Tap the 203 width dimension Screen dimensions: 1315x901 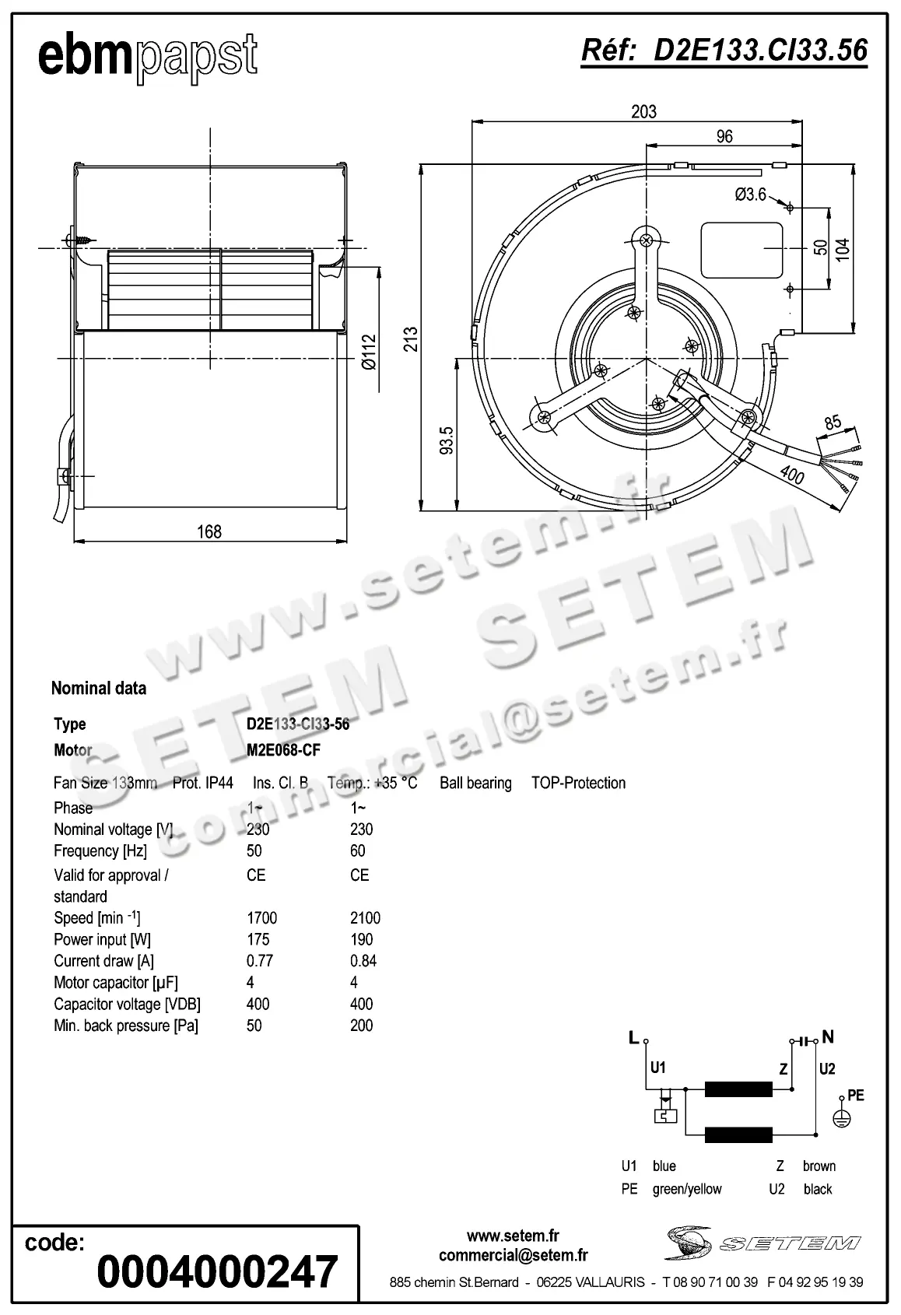pos(643,111)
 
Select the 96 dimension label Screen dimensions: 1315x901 pos(724,136)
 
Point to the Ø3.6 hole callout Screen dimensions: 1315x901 pos(750,195)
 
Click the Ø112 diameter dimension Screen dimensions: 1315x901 pos(368,352)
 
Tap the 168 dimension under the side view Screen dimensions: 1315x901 pos(209,531)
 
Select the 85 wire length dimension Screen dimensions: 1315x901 pos(833,423)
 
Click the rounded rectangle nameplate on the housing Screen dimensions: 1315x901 pos(741,250)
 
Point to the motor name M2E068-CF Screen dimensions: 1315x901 pos(283,750)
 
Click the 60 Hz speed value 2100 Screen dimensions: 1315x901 pos(365,918)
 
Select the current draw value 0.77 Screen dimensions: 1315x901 pos(260,961)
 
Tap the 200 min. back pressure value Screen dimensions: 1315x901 pos(361,1026)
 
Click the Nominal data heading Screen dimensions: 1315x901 pos(99,688)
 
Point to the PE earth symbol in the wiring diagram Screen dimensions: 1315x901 pos(842,1117)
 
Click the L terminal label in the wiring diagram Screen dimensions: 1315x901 pos(633,1037)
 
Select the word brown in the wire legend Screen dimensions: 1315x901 pos(819,1166)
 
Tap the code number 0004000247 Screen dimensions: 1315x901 pos(217,1271)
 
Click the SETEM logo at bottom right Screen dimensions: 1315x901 pos(763,1243)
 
